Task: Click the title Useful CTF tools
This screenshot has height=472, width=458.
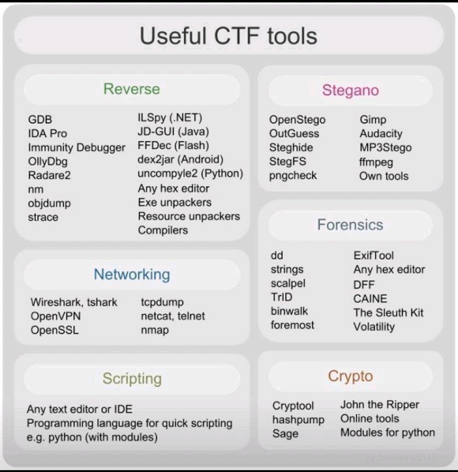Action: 229,36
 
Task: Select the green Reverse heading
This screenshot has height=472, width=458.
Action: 132,89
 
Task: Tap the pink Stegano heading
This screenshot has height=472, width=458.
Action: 350,90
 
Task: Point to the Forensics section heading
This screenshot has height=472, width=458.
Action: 350,225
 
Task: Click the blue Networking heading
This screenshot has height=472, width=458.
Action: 132,275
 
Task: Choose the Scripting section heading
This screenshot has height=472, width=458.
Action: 132,378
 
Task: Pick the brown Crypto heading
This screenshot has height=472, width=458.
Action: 350,376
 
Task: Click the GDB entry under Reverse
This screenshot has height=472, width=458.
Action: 40,120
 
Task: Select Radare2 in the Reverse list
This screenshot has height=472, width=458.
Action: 49,176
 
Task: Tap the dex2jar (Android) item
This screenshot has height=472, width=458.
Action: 180,160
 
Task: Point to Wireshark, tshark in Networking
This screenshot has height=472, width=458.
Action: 74,302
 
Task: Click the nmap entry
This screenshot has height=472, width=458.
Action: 155,330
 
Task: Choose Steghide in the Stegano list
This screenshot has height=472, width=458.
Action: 291,147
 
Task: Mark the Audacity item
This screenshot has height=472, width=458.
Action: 381,134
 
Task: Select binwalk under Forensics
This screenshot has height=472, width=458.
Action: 289,311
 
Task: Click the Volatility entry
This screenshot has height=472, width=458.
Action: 374,327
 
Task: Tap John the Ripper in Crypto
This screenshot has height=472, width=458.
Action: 380,405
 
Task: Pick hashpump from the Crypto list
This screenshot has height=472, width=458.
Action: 299,420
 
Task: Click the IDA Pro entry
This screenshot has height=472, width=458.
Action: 47,134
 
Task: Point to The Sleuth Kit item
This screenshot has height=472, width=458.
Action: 388,313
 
